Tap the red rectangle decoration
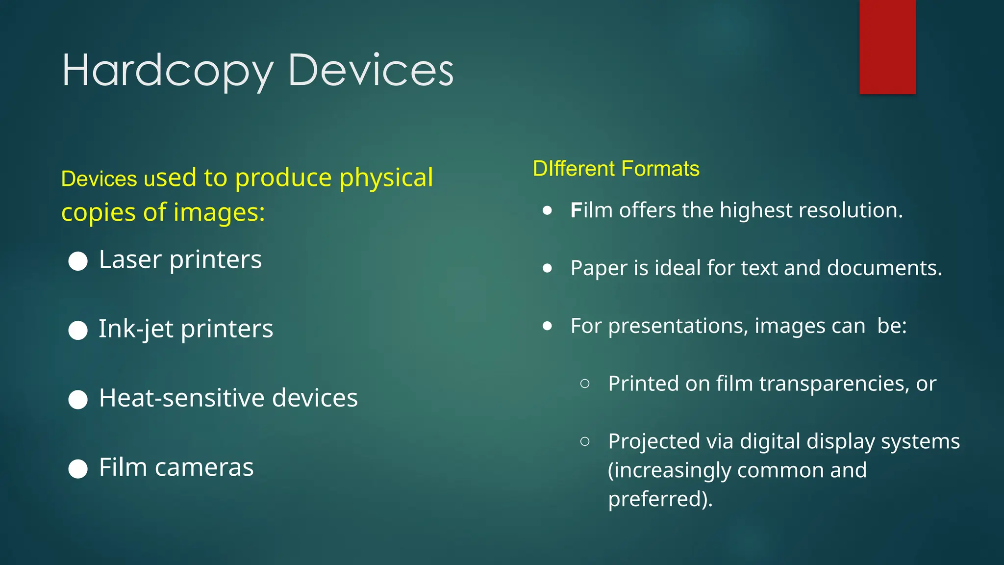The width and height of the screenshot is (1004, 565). [887, 47]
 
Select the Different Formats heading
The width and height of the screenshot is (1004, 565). [616, 169]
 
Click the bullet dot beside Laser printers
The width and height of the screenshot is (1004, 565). [78, 261]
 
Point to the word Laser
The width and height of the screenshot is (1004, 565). [130, 259]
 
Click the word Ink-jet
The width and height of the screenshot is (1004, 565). [136, 329]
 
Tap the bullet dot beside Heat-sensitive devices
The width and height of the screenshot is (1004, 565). [78, 399]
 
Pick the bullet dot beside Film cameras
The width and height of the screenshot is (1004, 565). [78, 468]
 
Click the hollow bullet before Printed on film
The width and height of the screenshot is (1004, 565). [584, 384]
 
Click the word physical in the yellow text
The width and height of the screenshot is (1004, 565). [386, 178]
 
